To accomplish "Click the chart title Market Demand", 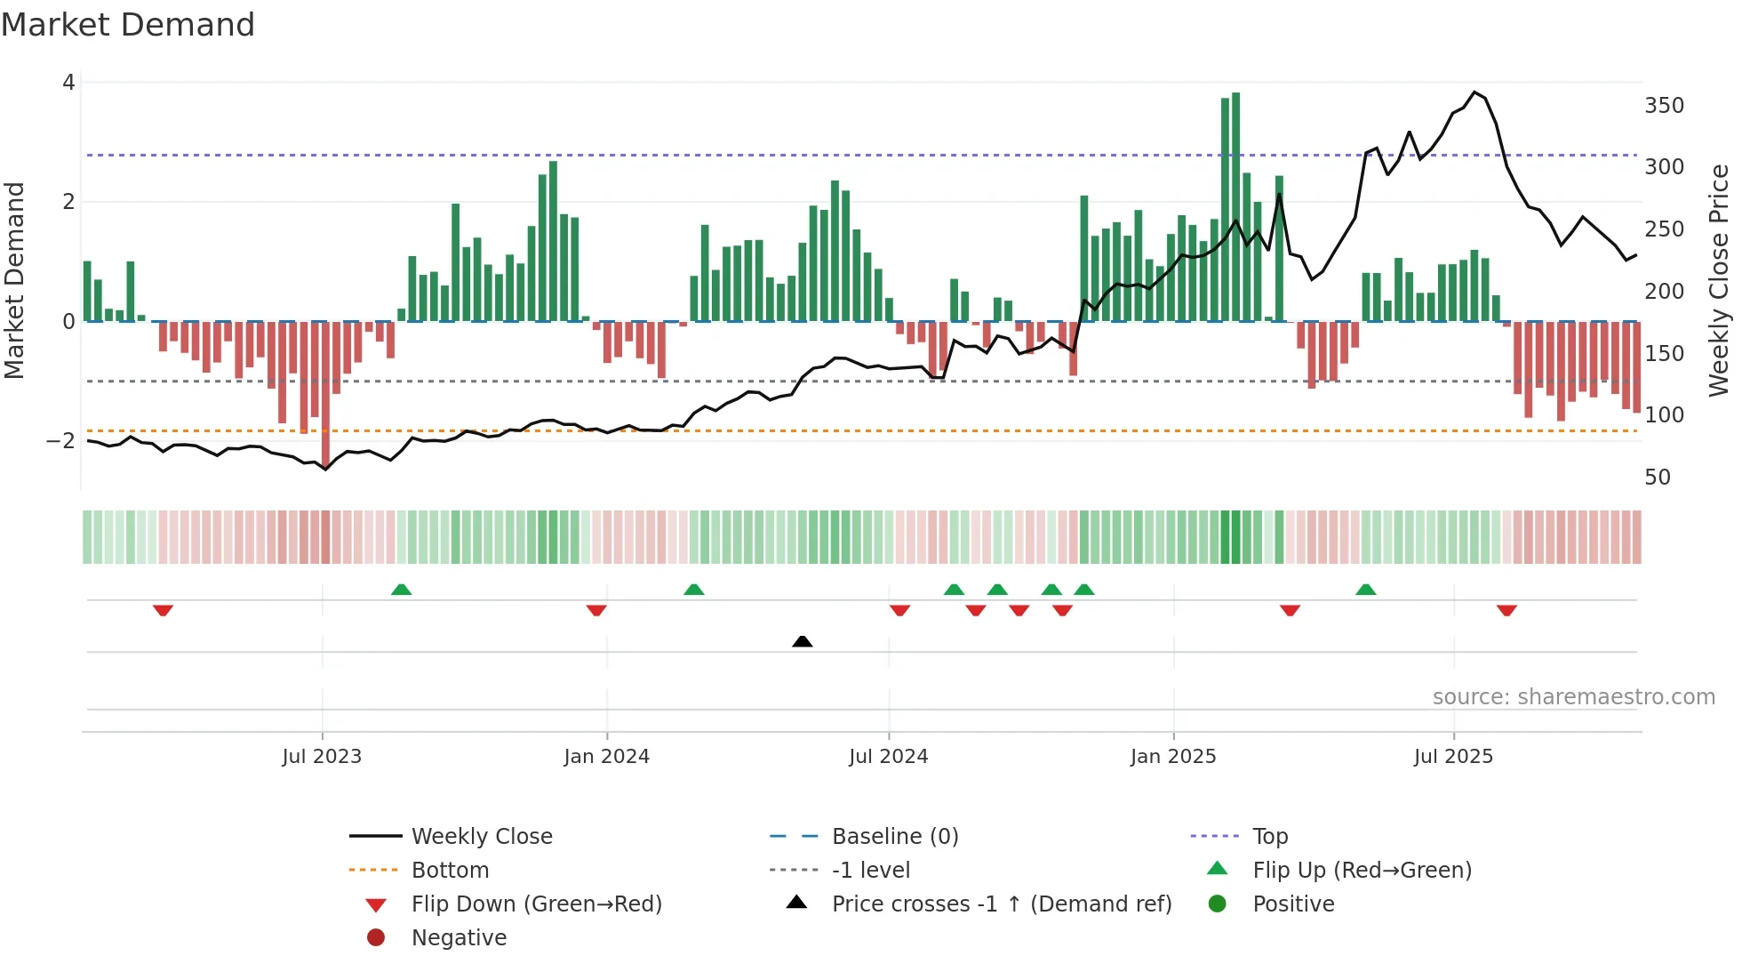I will pyautogui.click(x=128, y=25).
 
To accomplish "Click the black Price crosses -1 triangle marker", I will pyautogui.click(x=802, y=641).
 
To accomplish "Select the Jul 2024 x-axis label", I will pyautogui.click(x=888, y=757).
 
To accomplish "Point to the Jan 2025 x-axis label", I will pyautogui.click(x=1172, y=757).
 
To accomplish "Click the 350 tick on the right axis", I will pyautogui.click(x=1664, y=106).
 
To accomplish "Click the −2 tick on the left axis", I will pyautogui.click(x=60, y=441).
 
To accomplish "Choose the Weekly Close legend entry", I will pyautogui.click(x=481, y=837).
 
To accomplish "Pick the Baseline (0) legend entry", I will pyautogui.click(x=894, y=837).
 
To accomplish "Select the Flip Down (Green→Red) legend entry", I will pyautogui.click(x=536, y=904).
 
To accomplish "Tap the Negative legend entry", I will pyautogui.click(x=459, y=938).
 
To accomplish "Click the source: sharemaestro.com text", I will pyautogui.click(x=1573, y=697).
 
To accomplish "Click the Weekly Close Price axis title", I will pyautogui.click(x=1719, y=280).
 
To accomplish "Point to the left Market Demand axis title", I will pyautogui.click(x=15, y=280).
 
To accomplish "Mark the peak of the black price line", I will pyautogui.click(x=1474, y=92).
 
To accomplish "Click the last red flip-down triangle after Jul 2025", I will pyautogui.click(x=1506, y=610).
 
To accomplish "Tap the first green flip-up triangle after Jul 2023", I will pyautogui.click(x=401, y=590).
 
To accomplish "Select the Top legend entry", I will pyautogui.click(x=1269, y=837).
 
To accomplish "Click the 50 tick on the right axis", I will pyautogui.click(x=1657, y=478).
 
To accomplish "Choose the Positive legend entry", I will pyautogui.click(x=1292, y=904).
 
